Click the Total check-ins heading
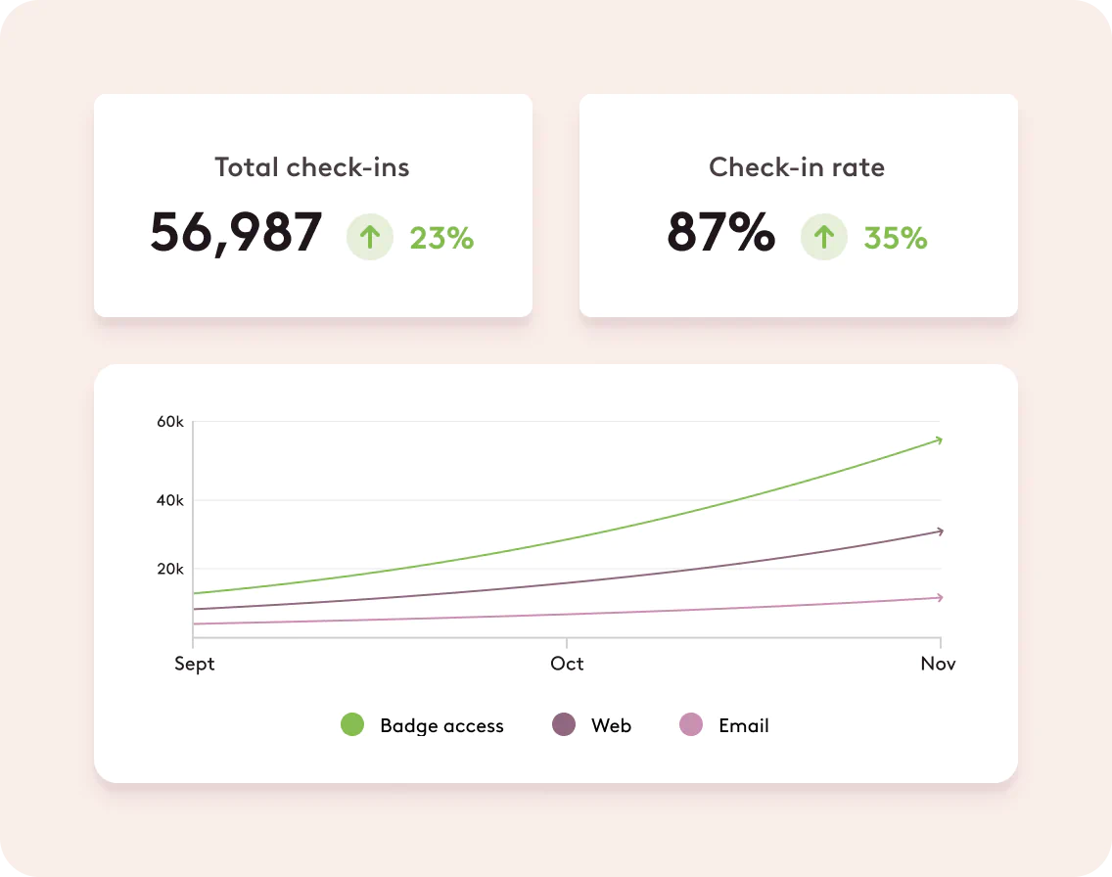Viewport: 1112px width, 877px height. [x=312, y=167]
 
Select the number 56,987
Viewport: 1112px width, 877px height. [x=236, y=233]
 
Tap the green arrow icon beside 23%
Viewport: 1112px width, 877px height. [x=370, y=238]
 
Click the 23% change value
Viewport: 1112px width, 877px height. [x=441, y=238]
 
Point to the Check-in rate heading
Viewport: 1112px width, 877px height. [x=797, y=167]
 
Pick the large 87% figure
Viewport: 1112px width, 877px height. [x=720, y=233]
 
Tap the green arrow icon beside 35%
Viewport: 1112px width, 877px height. [x=824, y=238]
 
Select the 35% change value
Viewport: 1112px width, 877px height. [x=896, y=238]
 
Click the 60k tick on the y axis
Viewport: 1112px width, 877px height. [x=170, y=422]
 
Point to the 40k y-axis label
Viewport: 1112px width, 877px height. [x=170, y=500]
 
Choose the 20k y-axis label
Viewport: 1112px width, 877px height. [x=170, y=569]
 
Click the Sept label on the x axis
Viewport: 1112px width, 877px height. [x=194, y=664]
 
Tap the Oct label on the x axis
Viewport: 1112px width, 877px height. [x=567, y=664]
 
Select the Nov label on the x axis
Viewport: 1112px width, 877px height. [x=938, y=664]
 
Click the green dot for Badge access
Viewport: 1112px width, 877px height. [x=352, y=725]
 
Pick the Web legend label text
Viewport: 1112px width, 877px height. [x=611, y=725]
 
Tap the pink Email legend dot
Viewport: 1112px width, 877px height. [x=691, y=725]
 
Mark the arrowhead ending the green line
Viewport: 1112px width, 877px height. [x=938, y=440]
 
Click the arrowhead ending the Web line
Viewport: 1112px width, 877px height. [x=939, y=531]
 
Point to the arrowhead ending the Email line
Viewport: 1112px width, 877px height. [x=939, y=597]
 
